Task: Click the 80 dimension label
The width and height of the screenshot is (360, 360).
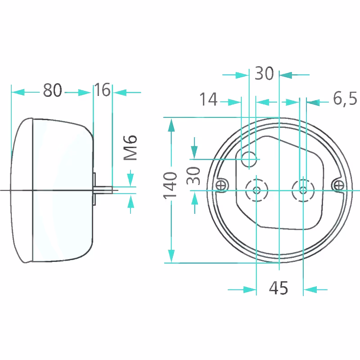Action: tap(53, 90)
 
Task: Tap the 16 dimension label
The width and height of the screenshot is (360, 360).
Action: tap(103, 90)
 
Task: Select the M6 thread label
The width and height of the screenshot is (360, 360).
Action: tap(130, 148)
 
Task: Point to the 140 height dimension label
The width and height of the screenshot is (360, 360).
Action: tap(170, 185)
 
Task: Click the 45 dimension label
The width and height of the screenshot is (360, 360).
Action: tap(278, 288)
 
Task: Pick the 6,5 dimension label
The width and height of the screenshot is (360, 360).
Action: tap(345, 99)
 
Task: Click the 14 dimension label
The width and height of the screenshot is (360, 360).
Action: tap(208, 99)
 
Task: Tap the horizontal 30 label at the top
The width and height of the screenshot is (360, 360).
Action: tap(264, 73)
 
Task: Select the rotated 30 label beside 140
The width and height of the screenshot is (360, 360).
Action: tap(193, 175)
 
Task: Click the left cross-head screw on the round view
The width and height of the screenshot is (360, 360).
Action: tap(221, 185)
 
